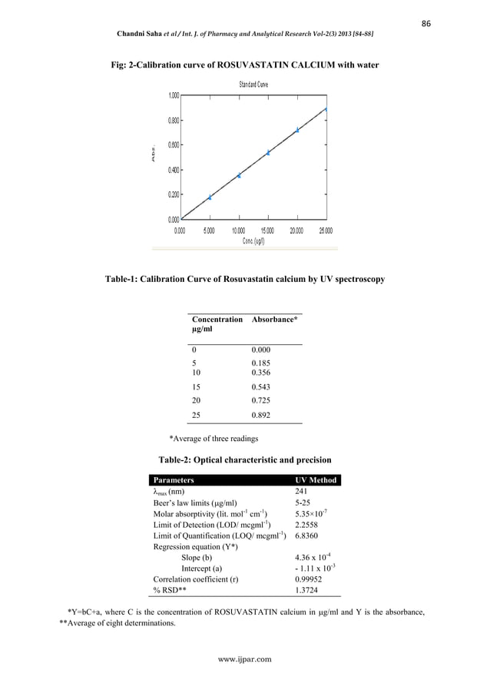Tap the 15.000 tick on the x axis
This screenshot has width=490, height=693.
coord(267,230)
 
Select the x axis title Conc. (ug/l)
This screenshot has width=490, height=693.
coord(253,240)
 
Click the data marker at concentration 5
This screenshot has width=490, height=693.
coord(210,197)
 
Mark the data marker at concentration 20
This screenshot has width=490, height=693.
coord(297,130)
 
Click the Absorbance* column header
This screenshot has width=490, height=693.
coord(274,319)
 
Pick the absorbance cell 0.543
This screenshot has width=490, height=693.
coord(261,387)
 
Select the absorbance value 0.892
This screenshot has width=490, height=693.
coord(261,414)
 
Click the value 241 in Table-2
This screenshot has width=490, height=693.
coord(302,492)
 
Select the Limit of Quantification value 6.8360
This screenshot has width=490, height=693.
coord(307,535)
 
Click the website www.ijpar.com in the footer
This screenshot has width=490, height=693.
coord(245,658)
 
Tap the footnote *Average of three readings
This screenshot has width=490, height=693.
coord(214,439)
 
